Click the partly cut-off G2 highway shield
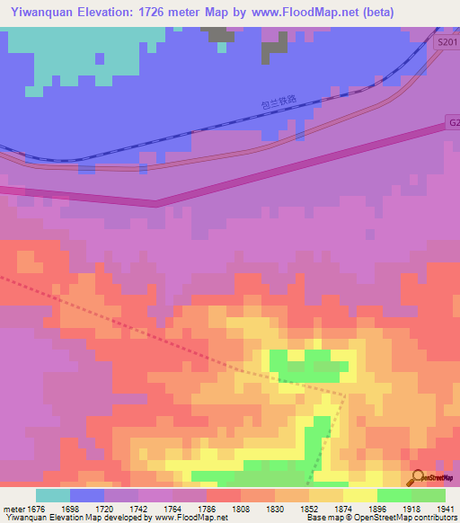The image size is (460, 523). (452, 121)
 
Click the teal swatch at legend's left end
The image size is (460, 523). (52, 495)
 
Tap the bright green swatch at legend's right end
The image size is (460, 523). (428, 495)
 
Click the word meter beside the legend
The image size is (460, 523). (13, 509)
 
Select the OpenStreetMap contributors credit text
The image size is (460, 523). (405, 519)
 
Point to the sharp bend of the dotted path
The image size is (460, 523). (346, 394)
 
